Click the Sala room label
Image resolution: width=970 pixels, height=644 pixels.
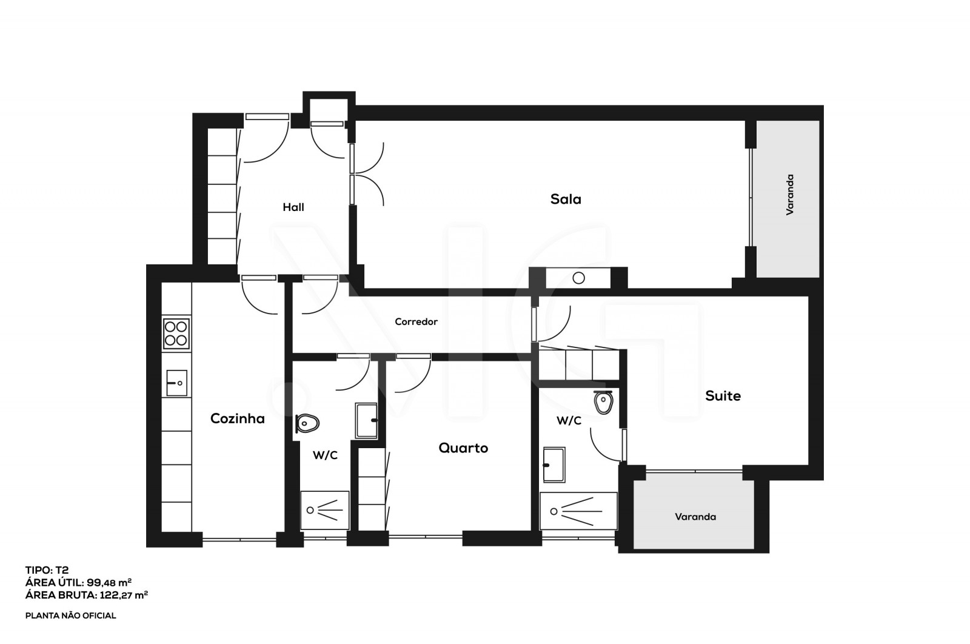pyautogui.click(x=566, y=199)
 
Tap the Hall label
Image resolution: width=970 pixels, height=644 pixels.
pyautogui.click(x=293, y=207)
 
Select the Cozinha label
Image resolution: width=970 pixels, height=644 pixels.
pyautogui.click(x=237, y=418)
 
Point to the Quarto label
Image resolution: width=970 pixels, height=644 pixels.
pyautogui.click(x=463, y=448)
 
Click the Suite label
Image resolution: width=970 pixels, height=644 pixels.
pyautogui.click(x=723, y=396)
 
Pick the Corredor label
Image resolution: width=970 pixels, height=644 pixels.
pyautogui.click(x=416, y=322)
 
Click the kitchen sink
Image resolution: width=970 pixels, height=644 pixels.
pyautogui.click(x=176, y=383)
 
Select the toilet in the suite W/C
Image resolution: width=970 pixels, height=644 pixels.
pyautogui.click(x=603, y=402)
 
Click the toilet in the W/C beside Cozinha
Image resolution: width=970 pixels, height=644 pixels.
pyautogui.click(x=307, y=423)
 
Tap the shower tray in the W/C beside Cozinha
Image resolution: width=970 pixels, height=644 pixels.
pyautogui.click(x=325, y=510)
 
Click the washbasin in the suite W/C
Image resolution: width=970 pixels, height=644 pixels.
pyautogui.click(x=554, y=465)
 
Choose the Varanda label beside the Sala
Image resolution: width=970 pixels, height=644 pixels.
pyautogui.click(x=790, y=195)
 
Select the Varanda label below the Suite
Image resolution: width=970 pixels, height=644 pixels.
pyautogui.click(x=695, y=517)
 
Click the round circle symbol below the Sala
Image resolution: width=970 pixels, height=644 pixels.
pyautogui.click(x=579, y=278)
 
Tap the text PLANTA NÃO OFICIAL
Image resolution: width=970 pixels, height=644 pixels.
pyautogui.click(x=70, y=615)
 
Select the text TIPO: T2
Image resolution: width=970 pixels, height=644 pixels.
pyautogui.click(x=47, y=570)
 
